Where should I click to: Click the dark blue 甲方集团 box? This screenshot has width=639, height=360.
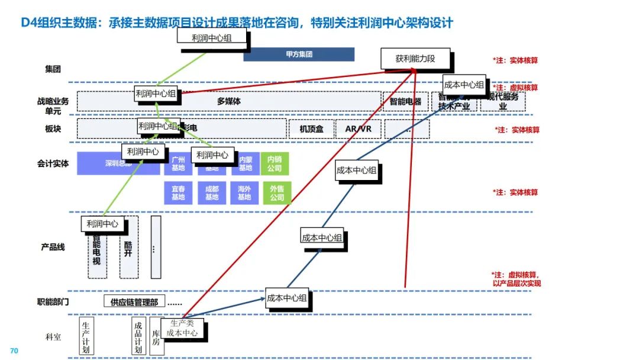(x=299, y=54)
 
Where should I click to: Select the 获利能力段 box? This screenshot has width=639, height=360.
(x=415, y=59)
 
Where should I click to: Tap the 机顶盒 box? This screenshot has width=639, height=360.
(x=311, y=129)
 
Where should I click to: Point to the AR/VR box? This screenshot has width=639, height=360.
(x=358, y=129)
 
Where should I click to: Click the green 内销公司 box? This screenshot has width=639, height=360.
(x=275, y=164)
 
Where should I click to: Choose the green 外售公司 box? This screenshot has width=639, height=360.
(x=276, y=193)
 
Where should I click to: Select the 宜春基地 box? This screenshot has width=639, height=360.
(x=178, y=193)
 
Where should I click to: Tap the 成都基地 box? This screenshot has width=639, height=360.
(x=211, y=193)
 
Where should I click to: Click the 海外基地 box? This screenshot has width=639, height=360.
(x=244, y=193)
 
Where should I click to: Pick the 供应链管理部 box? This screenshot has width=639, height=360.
(x=134, y=302)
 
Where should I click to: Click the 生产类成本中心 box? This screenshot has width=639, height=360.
(x=182, y=328)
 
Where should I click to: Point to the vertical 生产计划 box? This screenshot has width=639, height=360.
(x=86, y=336)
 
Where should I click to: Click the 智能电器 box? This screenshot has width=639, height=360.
(x=405, y=102)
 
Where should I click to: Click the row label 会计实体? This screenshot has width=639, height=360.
(x=53, y=163)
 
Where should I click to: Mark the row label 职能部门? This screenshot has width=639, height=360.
(x=53, y=302)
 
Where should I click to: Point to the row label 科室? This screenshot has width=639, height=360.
(x=53, y=337)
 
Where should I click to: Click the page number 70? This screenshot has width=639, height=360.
(x=15, y=351)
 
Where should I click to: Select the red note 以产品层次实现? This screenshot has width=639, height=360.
(x=517, y=283)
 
